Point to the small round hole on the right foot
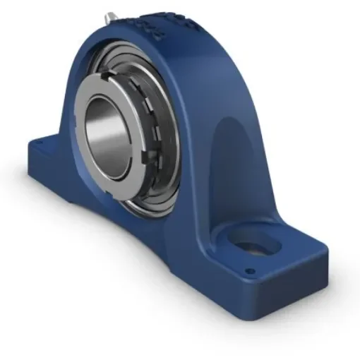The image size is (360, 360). tap(248, 270)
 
